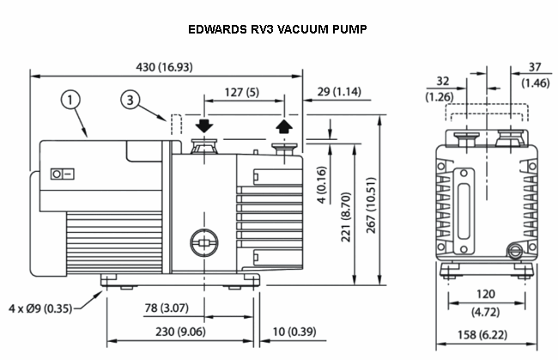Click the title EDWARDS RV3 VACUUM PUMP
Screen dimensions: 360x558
tap(280, 29)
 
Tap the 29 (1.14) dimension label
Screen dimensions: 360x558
tap(337, 92)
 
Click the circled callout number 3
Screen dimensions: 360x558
tap(130, 101)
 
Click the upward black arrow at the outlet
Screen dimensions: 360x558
tap(283, 127)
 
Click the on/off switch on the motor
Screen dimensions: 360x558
tap(62, 174)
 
